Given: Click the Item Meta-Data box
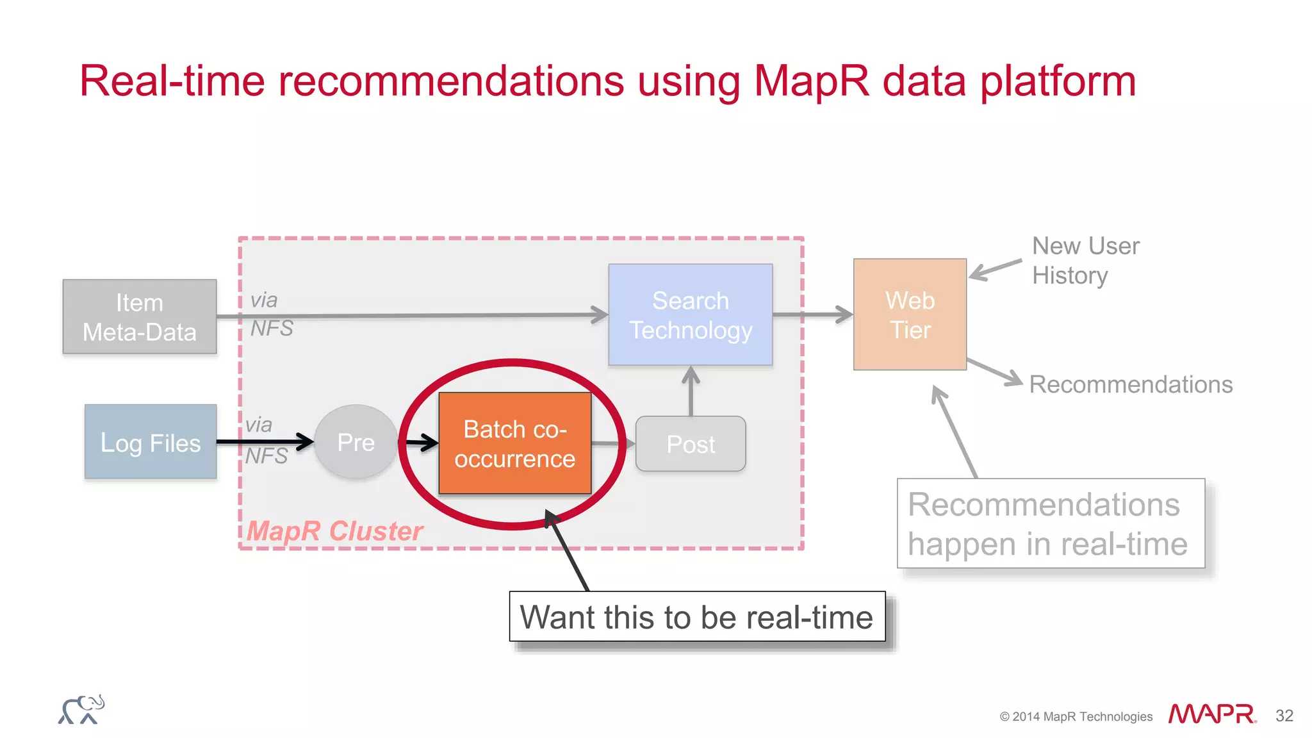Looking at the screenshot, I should click(x=140, y=317).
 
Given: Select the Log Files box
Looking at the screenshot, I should click(x=151, y=442).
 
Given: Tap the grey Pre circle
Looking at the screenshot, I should click(x=356, y=442).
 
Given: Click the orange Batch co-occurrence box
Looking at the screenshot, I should click(x=515, y=443).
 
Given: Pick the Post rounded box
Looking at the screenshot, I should click(x=691, y=444).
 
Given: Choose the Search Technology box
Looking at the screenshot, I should click(x=691, y=315).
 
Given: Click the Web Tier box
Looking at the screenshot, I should click(x=910, y=315).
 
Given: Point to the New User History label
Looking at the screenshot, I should click(x=1085, y=261).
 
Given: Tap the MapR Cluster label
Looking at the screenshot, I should click(x=335, y=531).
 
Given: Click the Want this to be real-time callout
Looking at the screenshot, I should click(x=697, y=617).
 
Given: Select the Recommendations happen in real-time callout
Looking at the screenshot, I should click(x=1050, y=523).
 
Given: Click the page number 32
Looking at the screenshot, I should click(x=1284, y=716).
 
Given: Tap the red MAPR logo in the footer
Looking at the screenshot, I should click(x=1211, y=714).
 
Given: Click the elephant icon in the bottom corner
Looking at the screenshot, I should click(x=81, y=710).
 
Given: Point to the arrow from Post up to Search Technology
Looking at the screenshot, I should click(x=691, y=391).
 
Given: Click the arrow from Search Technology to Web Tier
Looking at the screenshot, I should click(x=812, y=315).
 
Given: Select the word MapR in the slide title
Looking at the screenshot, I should click(x=811, y=81).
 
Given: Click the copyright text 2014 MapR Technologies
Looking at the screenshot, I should click(x=1076, y=717).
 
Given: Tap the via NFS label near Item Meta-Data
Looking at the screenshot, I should click(x=270, y=314).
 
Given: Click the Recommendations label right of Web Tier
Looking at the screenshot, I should click(x=1131, y=384).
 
